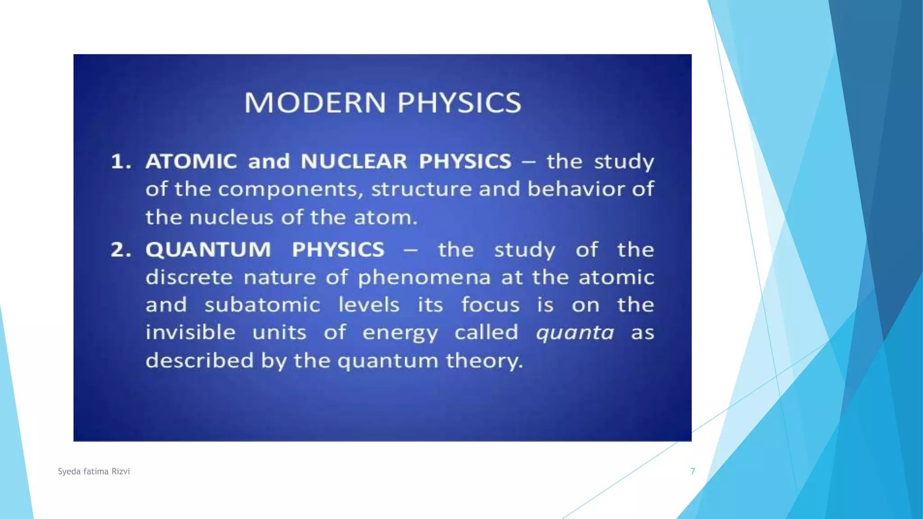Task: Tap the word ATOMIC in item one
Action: coord(191,161)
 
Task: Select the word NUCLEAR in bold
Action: coord(354,161)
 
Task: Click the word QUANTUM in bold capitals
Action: coord(208,250)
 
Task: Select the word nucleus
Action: coord(231,218)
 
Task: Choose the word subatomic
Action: coord(262,305)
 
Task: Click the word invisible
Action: coord(190,332)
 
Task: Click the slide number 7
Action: coord(693,471)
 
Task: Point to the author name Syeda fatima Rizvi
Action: coord(94,471)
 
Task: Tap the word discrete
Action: coord(189,278)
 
